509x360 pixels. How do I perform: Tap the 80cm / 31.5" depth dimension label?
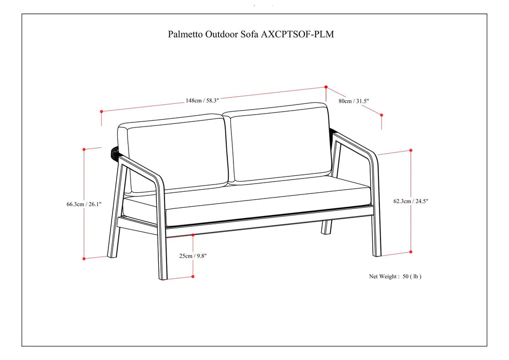[353, 101]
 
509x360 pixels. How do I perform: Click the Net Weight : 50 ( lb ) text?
[395, 276]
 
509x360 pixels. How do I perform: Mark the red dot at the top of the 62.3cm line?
[411, 150]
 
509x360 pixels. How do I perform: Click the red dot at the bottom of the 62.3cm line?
[411, 251]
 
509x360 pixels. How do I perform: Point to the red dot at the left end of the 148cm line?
[102, 111]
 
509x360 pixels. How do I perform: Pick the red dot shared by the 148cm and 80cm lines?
[326, 87]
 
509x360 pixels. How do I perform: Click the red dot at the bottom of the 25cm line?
[193, 277]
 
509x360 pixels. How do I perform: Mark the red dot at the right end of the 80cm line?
[381, 114]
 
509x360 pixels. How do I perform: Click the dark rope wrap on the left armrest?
[115, 154]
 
